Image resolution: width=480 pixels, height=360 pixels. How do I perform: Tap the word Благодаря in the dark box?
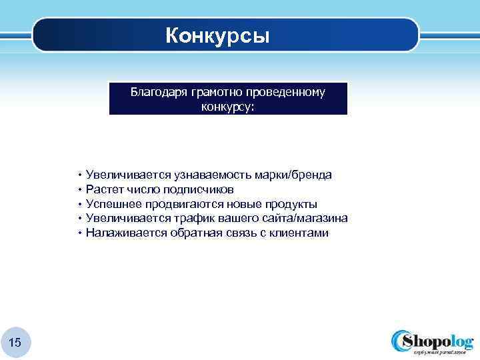(x=159, y=92)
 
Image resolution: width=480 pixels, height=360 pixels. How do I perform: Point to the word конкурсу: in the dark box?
(x=228, y=105)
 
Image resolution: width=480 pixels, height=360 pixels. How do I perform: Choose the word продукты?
(x=290, y=204)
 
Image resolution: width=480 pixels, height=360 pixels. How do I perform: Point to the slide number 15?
(x=15, y=343)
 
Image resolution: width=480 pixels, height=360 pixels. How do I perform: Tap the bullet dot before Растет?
(x=79, y=189)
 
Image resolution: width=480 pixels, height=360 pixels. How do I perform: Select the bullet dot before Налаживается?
(x=79, y=233)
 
